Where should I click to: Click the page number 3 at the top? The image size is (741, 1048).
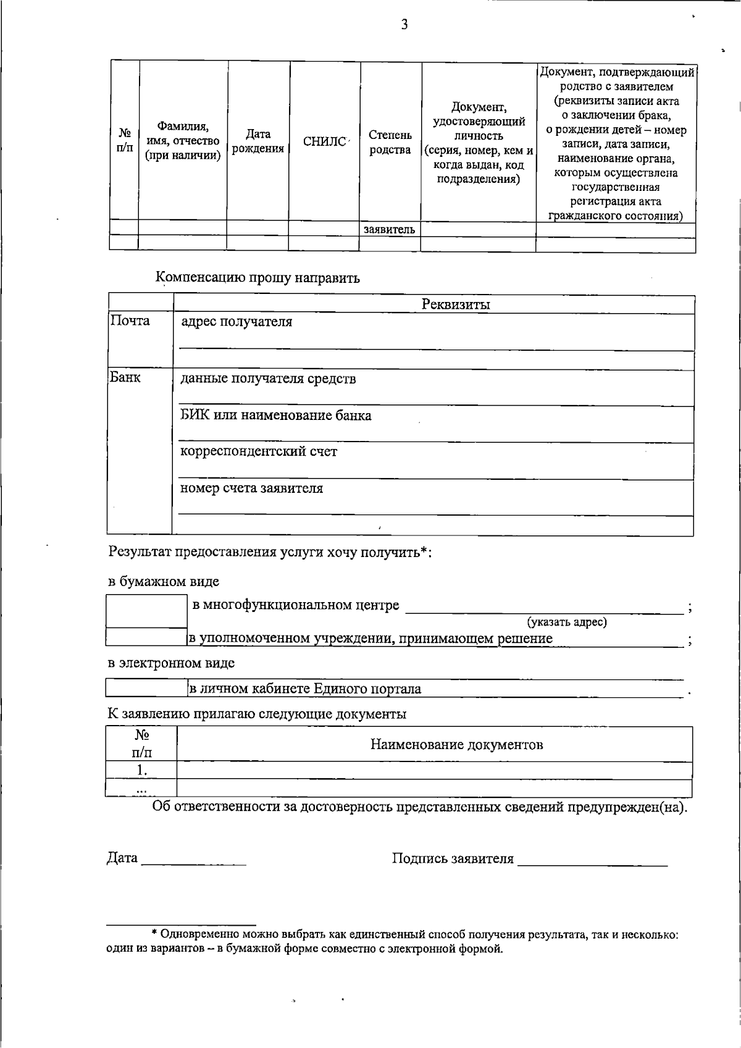click(404, 25)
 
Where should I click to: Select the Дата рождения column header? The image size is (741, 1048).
click(258, 141)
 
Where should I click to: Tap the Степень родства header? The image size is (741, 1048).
click(390, 142)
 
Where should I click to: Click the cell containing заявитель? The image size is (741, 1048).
click(390, 229)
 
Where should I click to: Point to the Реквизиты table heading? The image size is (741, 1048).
click(456, 304)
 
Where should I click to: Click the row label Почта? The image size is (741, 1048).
click(130, 321)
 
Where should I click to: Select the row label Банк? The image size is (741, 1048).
click(125, 377)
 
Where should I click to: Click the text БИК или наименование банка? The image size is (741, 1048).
click(276, 415)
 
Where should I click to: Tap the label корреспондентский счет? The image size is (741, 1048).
click(259, 451)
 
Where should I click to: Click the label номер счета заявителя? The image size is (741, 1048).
click(251, 488)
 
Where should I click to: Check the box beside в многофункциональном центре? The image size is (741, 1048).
click(146, 611)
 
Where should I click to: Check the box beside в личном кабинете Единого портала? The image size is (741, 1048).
click(146, 687)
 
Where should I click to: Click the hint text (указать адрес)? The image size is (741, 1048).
click(566, 622)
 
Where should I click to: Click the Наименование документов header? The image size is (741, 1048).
click(456, 744)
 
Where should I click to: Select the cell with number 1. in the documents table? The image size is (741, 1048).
click(142, 769)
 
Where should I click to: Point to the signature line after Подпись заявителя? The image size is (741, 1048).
click(592, 862)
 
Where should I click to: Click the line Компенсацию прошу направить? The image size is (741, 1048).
click(257, 277)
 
